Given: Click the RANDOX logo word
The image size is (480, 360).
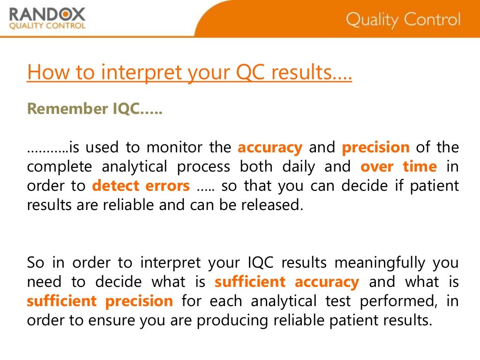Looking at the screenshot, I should [x=47, y=14].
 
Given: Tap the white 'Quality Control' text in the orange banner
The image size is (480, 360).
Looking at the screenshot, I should [x=403, y=20].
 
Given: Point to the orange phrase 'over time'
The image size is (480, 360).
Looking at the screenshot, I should [x=398, y=166].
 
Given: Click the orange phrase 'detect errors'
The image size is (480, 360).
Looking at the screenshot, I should [x=141, y=186].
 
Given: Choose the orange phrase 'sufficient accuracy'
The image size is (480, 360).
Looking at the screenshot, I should [x=286, y=282].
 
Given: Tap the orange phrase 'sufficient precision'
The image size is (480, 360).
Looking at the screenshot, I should [x=100, y=301].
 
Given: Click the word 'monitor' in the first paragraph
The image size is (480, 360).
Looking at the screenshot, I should [x=167, y=147].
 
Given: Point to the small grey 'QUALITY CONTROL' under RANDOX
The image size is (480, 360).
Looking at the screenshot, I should [x=47, y=26].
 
